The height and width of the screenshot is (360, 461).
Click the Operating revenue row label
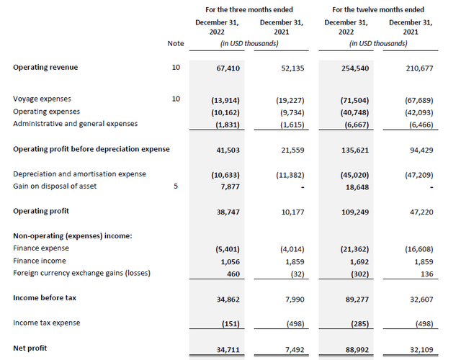[45, 67]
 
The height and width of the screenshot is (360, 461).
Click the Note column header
[176, 43]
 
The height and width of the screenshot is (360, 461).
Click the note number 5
[176, 186]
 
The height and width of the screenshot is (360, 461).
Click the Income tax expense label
[47, 323]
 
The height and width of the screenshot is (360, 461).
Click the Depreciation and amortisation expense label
[79, 174]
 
